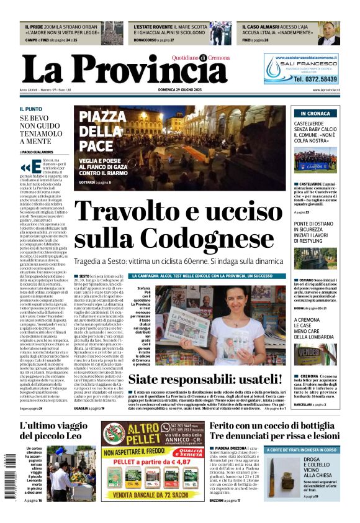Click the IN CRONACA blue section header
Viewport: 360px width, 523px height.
(315, 114)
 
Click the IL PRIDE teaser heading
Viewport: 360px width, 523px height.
(35, 27)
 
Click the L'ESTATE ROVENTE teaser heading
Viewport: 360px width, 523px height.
(153, 27)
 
